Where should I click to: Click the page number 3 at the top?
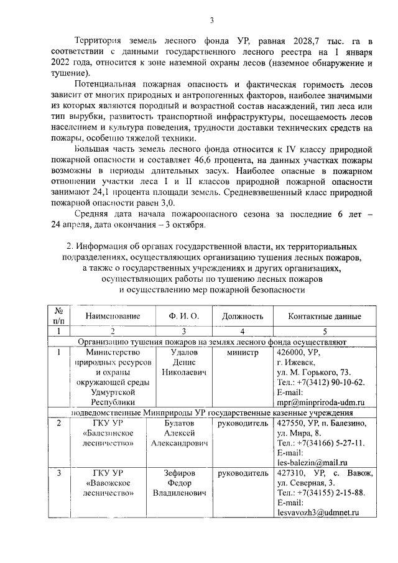coord(211,21)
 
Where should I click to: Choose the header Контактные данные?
coord(325,316)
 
